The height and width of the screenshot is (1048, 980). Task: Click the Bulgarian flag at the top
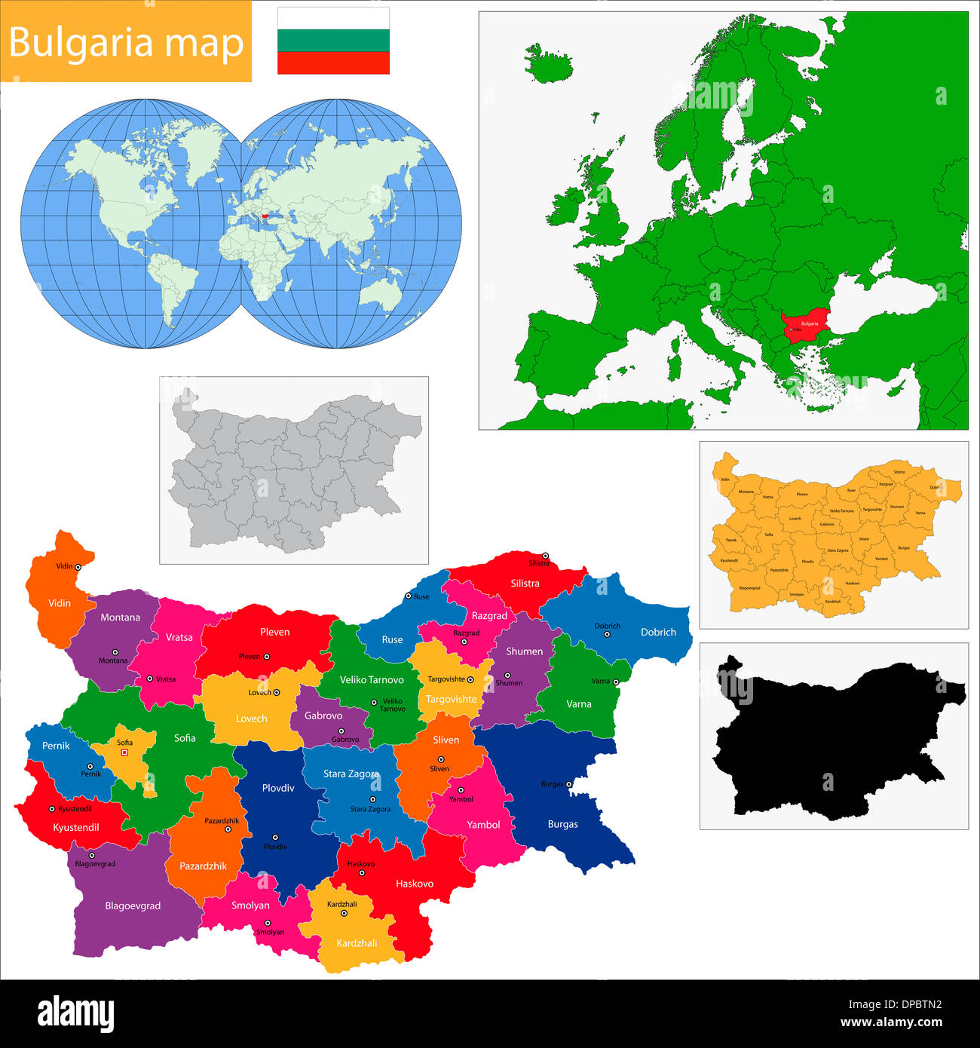[333, 41]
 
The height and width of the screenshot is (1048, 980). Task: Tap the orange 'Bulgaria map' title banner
[126, 41]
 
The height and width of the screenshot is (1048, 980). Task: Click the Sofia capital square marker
[125, 752]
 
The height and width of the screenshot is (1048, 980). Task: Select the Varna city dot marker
[616, 682]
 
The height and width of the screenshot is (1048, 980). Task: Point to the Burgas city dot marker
[569, 784]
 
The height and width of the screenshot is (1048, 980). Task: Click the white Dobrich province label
[658, 632]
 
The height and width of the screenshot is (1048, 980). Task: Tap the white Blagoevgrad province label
[133, 906]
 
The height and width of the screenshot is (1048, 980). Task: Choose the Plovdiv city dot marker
[275, 837]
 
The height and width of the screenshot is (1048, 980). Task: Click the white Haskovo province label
[415, 883]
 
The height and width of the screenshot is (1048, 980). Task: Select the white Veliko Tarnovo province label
[372, 679]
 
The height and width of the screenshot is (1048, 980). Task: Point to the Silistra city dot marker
[545, 556]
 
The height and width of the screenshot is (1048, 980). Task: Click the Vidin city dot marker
[78, 566]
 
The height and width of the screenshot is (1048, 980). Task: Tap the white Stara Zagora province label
[351, 774]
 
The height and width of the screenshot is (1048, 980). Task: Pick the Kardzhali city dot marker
[344, 913]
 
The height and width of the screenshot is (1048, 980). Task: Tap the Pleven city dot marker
[266, 657]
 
